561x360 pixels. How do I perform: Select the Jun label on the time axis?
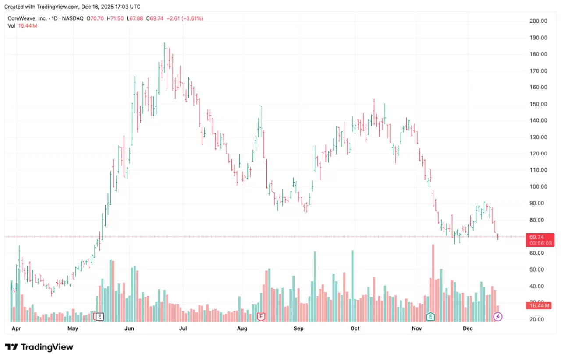pyautogui.click(x=129, y=328)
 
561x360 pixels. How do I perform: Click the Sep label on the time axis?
pyautogui.click(x=298, y=328)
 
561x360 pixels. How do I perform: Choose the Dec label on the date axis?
pyautogui.click(x=468, y=328)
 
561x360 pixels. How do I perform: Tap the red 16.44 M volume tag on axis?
pyautogui.click(x=538, y=305)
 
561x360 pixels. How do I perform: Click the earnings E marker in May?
pyautogui.click(x=100, y=316)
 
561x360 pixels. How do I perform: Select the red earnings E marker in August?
pyautogui.click(x=261, y=316)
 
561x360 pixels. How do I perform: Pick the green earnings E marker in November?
pyautogui.click(x=431, y=316)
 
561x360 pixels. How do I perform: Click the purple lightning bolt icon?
pyautogui.click(x=498, y=316)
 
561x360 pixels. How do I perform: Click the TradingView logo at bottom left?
pyautogui.click(x=39, y=347)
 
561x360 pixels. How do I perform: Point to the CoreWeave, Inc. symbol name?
pyautogui.click(x=27, y=18)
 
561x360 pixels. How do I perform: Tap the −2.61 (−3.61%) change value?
pyautogui.click(x=183, y=18)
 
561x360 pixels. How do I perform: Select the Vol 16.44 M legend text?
pyautogui.click(x=22, y=26)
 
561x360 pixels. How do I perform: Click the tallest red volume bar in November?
pyautogui.click(x=433, y=280)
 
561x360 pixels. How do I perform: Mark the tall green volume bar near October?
pyautogui.click(x=352, y=285)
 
